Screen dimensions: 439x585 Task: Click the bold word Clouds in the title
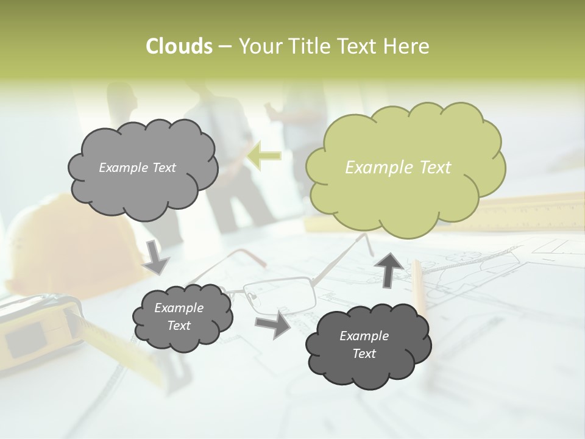[x=179, y=46]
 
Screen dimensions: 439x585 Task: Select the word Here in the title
[x=406, y=46]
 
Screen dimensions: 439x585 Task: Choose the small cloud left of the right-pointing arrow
[x=182, y=317]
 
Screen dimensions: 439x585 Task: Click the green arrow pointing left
[x=264, y=155]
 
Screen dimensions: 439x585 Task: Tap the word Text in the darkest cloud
[x=364, y=354]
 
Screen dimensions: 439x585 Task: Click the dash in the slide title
[x=225, y=46]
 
